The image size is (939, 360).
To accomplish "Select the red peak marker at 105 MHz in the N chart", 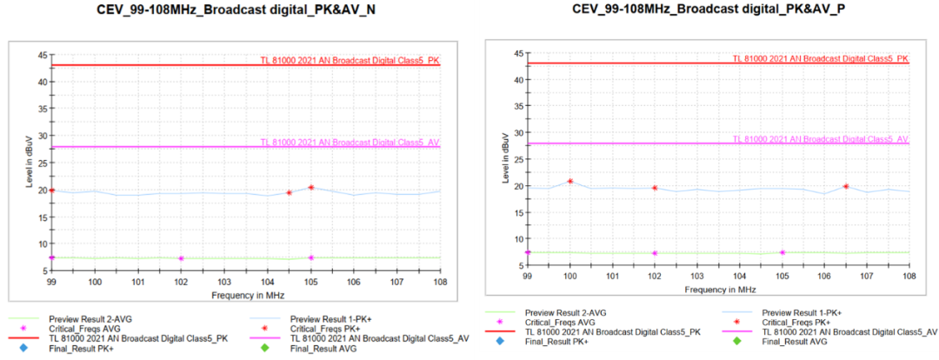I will click(311, 187).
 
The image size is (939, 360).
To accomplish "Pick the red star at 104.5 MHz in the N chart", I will click(289, 192).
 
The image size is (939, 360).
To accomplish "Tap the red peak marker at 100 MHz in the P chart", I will click(570, 181).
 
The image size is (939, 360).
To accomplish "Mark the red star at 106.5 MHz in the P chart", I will click(846, 186).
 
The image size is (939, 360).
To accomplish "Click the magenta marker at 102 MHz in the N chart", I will click(181, 258).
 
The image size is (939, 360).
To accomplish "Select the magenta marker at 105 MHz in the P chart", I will click(782, 252).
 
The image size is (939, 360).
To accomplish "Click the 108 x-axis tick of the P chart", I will click(909, 276).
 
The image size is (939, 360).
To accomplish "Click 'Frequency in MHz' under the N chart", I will click(246, 296).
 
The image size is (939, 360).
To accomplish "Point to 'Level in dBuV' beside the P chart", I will click(506, 159).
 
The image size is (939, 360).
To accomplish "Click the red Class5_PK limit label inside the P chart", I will click(820, 58).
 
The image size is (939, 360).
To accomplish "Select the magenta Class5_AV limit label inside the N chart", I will click(350, 142).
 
